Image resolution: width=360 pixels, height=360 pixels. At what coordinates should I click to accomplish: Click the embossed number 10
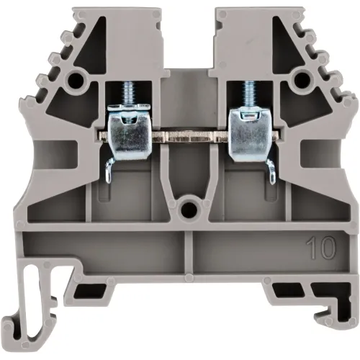coord(320,248)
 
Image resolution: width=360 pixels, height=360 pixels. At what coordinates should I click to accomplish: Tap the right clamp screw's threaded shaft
coord(248,94)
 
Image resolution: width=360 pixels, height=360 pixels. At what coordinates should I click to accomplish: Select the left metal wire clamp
coord(127,132)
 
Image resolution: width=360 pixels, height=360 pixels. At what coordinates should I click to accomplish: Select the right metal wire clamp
coord(250,132)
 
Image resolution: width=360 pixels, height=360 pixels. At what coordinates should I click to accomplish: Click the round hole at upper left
coord(75,78)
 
